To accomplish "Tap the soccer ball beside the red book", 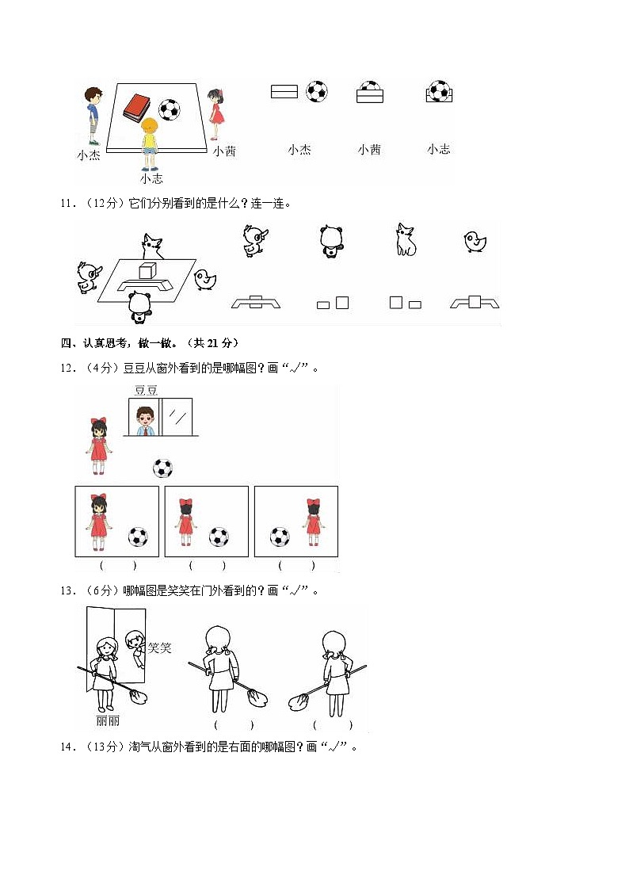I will [170, 109].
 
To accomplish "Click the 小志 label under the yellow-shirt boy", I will [151, 179].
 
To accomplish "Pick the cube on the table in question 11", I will [147, 271].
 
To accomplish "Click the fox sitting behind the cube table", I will [151, 246].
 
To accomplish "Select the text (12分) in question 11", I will [100, 204].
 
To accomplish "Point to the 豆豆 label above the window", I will [146, 390].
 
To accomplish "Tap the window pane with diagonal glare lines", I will [180, 417].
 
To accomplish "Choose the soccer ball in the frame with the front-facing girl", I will [138, 537].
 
